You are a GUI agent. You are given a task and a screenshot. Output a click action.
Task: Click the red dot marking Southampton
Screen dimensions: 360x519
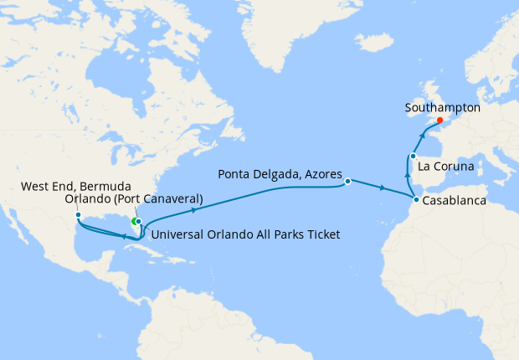(440, 120)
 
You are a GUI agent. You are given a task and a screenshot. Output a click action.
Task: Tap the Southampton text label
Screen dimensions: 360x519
(442, 108)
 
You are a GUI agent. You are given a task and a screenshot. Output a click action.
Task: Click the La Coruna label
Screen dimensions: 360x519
(447, 167)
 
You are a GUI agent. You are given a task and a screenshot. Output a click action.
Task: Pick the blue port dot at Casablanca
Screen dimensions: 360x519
(415, 200)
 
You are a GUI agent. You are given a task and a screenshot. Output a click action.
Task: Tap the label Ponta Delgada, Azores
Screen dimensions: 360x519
(280, 175)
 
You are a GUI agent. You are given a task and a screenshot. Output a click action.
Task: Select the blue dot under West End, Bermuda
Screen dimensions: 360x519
(78, 215)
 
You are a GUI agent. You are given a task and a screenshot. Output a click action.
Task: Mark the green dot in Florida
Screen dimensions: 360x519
(134, 221)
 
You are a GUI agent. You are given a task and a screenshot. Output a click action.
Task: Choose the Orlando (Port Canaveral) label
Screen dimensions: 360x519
(134, 199)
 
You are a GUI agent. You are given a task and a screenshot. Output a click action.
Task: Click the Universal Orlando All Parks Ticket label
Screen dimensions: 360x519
(246, 235)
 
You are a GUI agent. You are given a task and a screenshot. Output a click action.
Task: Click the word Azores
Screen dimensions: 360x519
(321, 175)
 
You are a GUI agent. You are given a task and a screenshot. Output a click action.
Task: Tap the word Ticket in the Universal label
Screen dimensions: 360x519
(321, 235)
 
